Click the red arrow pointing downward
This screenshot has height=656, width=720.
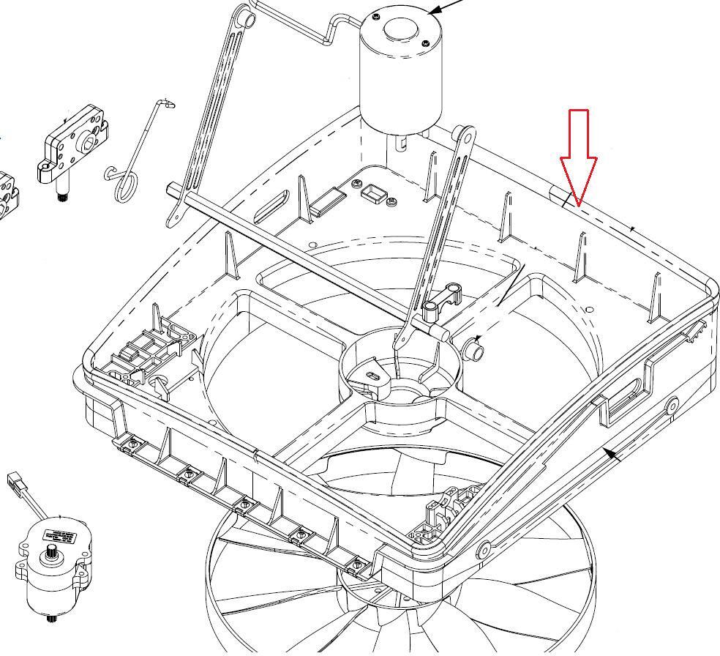579,157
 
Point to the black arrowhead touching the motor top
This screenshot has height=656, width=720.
434,10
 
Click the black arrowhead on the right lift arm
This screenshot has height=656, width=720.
613,455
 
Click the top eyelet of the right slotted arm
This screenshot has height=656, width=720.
463,136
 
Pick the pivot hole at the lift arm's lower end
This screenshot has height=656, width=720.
483,550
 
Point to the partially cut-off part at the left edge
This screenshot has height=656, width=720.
7,194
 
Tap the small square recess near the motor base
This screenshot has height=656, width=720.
373,193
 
